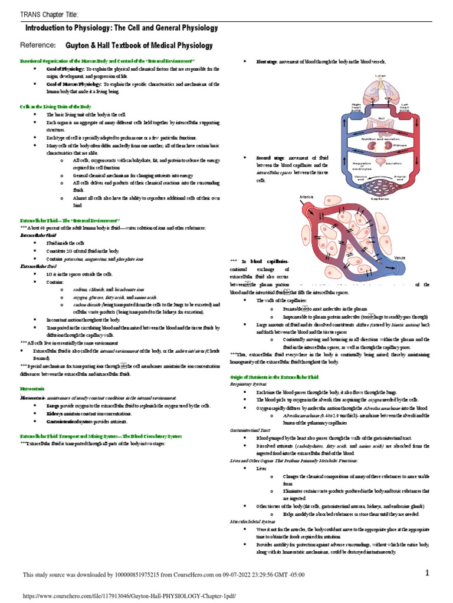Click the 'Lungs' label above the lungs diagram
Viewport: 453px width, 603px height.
(380, 76)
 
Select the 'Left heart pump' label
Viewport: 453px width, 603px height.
(405, 107)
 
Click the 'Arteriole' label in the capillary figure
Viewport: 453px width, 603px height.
(307, 196)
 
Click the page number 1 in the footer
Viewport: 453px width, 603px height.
(429, 573)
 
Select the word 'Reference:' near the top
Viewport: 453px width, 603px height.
(38, 45)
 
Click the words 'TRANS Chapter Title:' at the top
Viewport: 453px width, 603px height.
(50, 14)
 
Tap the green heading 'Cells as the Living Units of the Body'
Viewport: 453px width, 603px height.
(56, 107)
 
